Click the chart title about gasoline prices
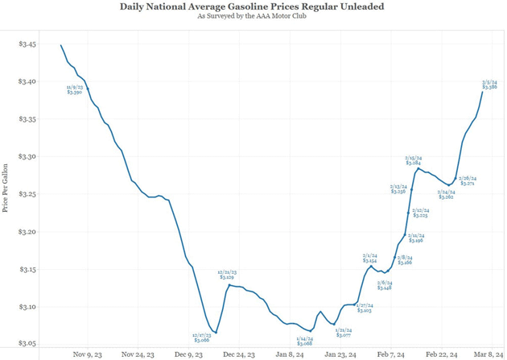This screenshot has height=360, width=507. tap(252, 6)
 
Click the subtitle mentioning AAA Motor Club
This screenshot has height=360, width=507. tap(252, 16)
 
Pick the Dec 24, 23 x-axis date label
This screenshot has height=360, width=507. tap(239, 354)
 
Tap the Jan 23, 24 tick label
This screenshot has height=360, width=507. tap(340, 354)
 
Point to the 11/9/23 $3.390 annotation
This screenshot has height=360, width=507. tap(75, 89)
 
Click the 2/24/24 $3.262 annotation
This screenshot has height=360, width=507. tap(446, 194)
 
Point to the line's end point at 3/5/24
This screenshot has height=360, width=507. tap(482, 92)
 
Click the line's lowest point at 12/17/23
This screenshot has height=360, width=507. tap(216, 333)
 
